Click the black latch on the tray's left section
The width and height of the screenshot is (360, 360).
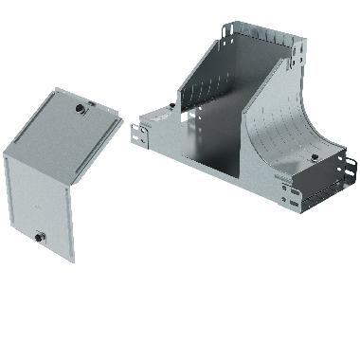click(170, 107)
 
